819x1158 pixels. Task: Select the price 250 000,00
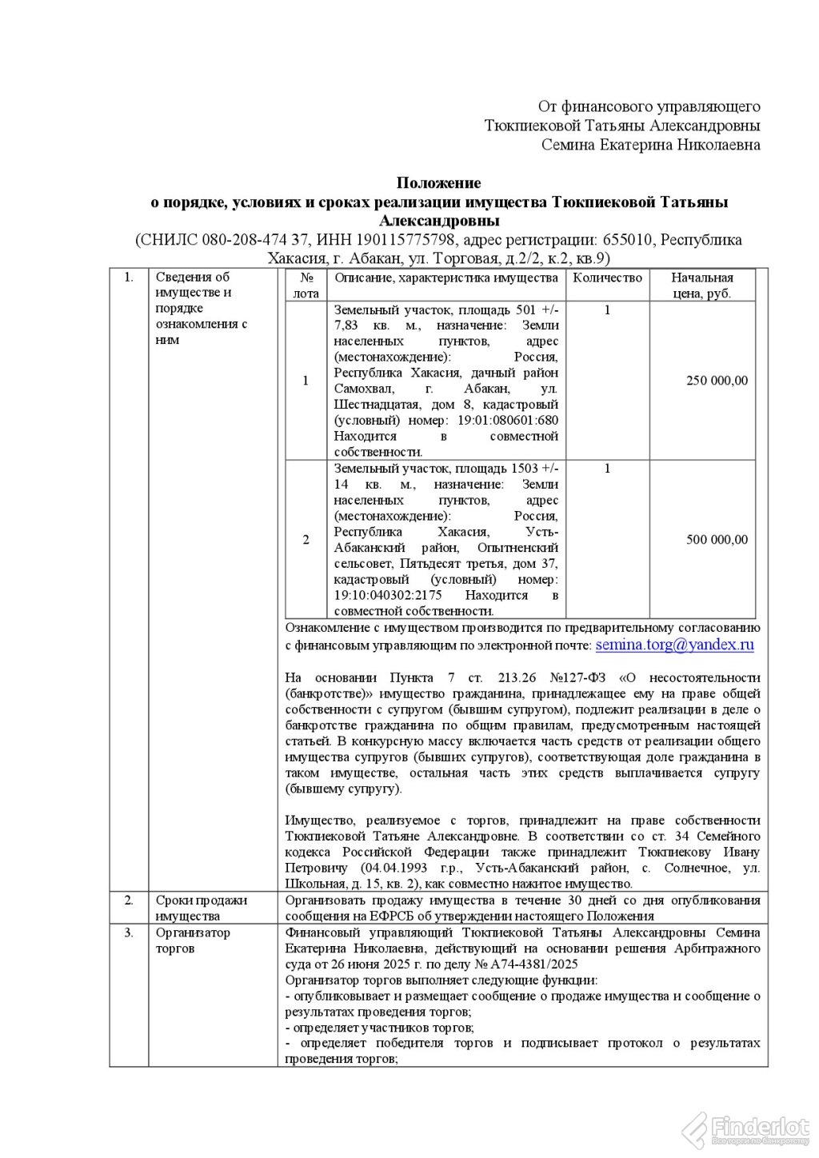[x=717, y=381]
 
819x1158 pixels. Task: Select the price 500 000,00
[x=717, y=540]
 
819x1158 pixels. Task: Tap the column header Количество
[x=608, y=278]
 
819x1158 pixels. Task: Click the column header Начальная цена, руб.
[x=701, y=286]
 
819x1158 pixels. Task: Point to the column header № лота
[x=306, y=286]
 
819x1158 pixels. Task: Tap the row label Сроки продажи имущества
[x=202, y=908]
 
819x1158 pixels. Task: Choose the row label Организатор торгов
[x=193, y=940]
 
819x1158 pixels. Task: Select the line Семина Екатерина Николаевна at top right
[x=650, y=145]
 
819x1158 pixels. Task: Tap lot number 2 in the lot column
[x=306, y=540]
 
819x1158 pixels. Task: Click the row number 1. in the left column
[x=129, y=278]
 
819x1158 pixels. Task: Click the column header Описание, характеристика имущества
[x=445, y=278]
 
